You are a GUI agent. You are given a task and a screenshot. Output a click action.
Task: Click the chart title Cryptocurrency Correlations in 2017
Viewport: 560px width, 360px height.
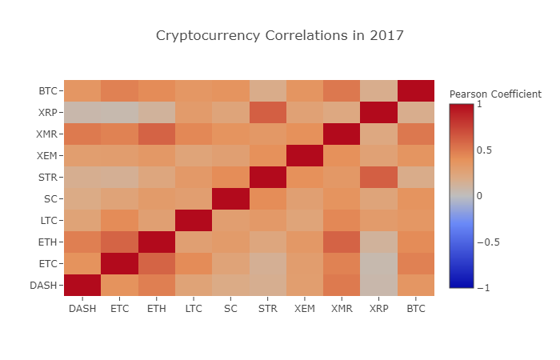click(280, 36)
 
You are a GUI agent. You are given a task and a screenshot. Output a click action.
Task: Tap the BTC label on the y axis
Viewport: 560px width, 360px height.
click(48, 91)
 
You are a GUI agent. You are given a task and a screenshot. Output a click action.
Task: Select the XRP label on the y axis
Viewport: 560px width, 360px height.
click(48, 113)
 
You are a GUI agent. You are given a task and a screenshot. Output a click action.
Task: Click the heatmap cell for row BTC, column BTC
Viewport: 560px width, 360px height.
click(416, 91)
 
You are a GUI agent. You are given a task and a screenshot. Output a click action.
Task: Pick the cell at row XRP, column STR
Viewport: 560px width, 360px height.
click(268, 113)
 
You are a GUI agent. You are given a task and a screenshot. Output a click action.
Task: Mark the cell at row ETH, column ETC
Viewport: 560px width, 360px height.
click(120, 242)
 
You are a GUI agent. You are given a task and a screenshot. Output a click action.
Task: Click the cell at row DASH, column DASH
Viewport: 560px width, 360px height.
click(83, 285)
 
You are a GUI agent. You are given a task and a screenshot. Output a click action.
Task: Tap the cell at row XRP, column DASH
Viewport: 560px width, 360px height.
click(83, 113)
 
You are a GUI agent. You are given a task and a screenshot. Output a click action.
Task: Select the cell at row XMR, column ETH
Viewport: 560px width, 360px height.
click(157, 134)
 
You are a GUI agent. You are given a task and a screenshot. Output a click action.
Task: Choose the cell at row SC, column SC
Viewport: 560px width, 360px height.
click(231, 198)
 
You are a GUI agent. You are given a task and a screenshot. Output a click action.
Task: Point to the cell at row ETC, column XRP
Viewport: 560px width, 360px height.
click(379, 263)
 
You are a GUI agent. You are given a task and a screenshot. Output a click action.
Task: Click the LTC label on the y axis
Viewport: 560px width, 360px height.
click(48, 220)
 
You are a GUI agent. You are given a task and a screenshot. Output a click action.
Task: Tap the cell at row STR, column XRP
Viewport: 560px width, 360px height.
click(379, 177)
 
